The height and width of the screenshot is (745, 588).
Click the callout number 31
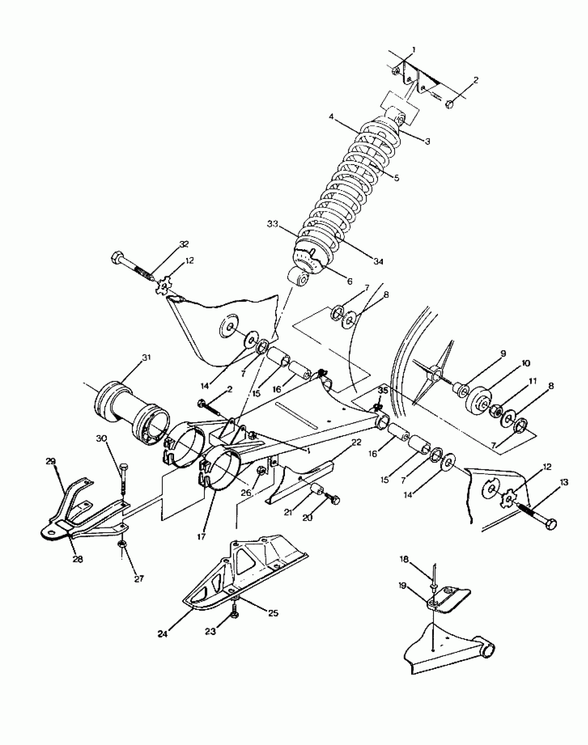point(146,358)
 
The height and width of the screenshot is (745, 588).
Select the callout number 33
point(273,224)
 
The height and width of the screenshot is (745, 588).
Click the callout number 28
point(78,559)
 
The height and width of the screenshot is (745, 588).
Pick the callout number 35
point(383,391)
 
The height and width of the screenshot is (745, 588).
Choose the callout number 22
point(357,442)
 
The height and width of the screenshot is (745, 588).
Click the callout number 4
point(331,117)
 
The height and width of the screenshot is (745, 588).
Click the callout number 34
point(379,262)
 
